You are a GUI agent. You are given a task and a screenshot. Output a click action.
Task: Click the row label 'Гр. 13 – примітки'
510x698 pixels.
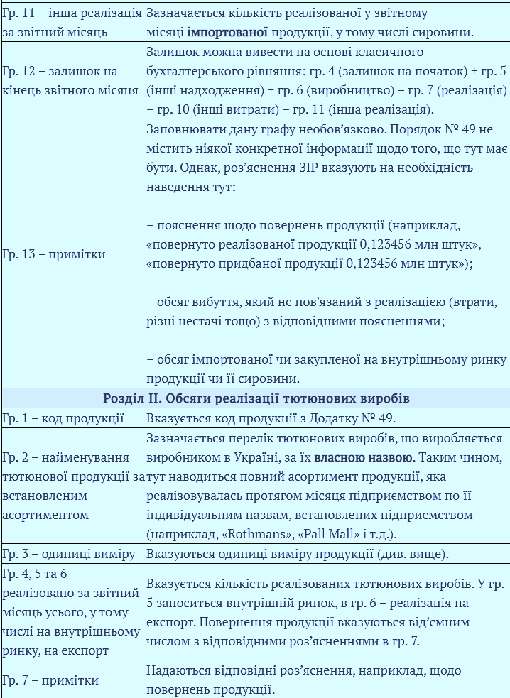(x=54, y=254)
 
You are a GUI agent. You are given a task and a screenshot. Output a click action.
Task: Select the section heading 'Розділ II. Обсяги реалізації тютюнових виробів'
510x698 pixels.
(x=256, y=398)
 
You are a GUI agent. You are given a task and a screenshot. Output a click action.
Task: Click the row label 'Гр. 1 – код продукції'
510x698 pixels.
(x=63, y=418)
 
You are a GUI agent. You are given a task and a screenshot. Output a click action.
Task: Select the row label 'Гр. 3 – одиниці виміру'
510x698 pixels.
(x=68, y=554)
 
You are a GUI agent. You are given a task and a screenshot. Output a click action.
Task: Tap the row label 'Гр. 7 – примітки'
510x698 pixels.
(x=50, y=680)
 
